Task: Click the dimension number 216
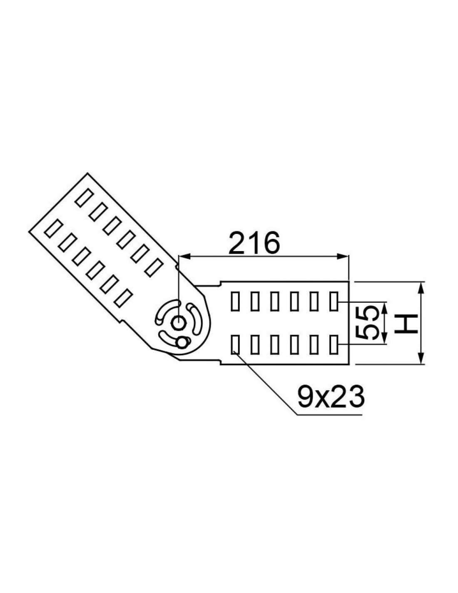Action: pyautogui.click(x=254, y=243)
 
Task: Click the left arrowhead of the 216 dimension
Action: pyautogui.click(x=184, y=256)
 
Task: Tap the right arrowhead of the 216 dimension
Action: pyautogui.click(x=343, y=256)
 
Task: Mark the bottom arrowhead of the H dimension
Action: pyautogui.click(x=421, y=358)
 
